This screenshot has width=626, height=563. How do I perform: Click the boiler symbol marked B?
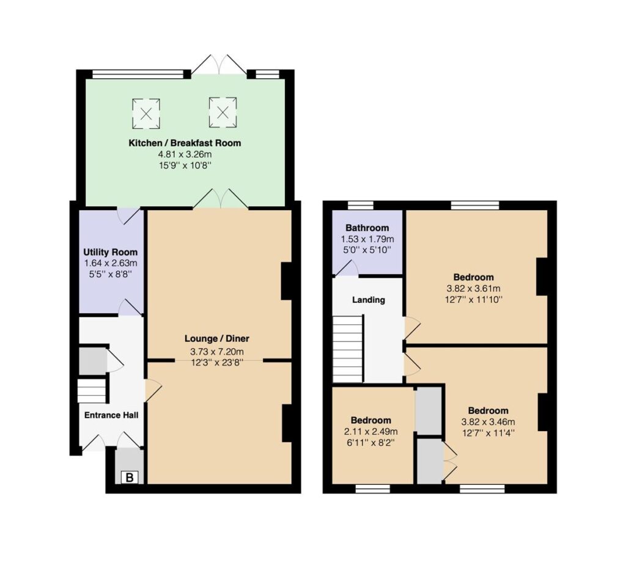[130, 478]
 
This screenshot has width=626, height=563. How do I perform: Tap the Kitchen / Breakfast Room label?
[185, 143]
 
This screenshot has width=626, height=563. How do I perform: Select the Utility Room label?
[110, 252]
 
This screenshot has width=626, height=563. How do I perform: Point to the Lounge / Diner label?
[217, 338]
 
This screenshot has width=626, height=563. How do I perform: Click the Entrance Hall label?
[111, 415]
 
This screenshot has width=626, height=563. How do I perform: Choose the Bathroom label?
[367, 228]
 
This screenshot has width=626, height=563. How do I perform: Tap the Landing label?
[369, 300]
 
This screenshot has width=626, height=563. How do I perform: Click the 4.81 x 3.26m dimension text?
[185, 154]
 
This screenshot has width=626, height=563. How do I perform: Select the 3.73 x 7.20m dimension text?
[217, 352]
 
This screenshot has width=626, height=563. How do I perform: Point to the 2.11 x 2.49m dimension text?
[371, 432]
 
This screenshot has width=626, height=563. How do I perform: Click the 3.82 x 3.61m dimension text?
[474, 288]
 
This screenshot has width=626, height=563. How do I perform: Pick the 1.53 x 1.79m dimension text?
[367, 239]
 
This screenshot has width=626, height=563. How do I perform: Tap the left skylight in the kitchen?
[146, 113]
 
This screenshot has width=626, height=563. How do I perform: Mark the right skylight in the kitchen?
[223, 112]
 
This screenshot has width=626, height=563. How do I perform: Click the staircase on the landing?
[348, 349]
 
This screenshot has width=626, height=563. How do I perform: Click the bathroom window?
[360, 205]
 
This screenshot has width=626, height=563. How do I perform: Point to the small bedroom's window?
[373, 489]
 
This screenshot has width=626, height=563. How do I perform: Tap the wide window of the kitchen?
[138, 74]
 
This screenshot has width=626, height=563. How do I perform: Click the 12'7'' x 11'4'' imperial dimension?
[488, 432]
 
